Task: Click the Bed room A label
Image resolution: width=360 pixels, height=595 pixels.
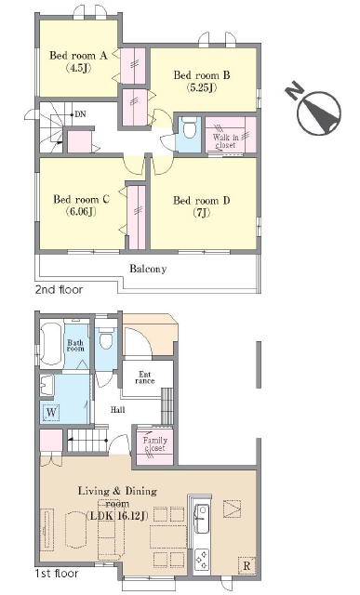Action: tap(79, 56)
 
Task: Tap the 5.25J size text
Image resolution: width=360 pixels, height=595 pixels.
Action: tap(202, 87)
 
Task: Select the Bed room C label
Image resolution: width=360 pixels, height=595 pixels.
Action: tap(82, 199)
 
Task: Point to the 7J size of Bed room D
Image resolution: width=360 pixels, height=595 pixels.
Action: tap(202, 213)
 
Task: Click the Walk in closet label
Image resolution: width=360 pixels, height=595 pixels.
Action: tap(225, 140)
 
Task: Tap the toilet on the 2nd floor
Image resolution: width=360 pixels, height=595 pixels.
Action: tap(189, 128)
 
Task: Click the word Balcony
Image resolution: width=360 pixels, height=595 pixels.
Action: tap(148, 269)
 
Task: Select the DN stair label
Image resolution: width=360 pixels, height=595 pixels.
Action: tap(80, 113)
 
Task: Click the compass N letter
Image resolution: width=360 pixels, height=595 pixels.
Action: tap(294, 91)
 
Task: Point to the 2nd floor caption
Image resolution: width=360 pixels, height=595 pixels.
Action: tap(59, 289)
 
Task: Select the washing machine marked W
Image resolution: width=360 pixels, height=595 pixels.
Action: tap(51, 413)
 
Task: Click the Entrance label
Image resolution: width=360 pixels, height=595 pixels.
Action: tap(145, 377)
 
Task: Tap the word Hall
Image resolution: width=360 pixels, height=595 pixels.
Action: tap(118, 409)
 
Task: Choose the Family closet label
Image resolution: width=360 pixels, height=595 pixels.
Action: tap(154, 444)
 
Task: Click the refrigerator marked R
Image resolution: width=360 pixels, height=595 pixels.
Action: tap(247, 566)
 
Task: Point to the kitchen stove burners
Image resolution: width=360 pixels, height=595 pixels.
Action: tap(201, 561)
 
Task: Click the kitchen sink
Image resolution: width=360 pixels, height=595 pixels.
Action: tap(201, 518)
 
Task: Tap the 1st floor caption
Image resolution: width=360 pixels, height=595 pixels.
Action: tap(56, 573)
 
